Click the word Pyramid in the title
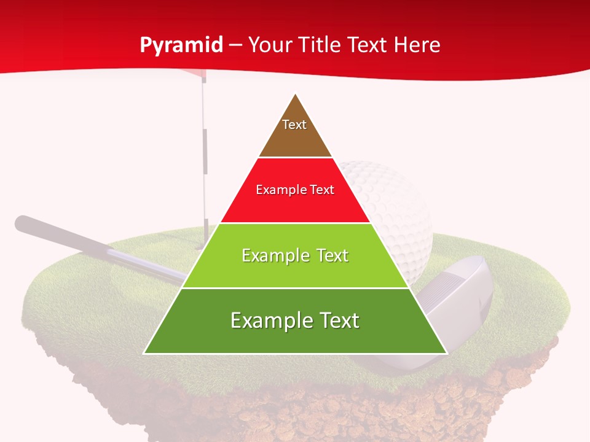pyautogui.click(x=181, y=45)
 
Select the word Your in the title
pyautogui.click(x=269, y=45)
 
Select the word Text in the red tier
pyautogui.click(x=321, y=190)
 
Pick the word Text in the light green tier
pyautogui.click(x=330, y=255)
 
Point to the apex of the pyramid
pyautogui.click(x=296, y=95)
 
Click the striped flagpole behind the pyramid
pyautogui.click(x=205, y=153)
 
